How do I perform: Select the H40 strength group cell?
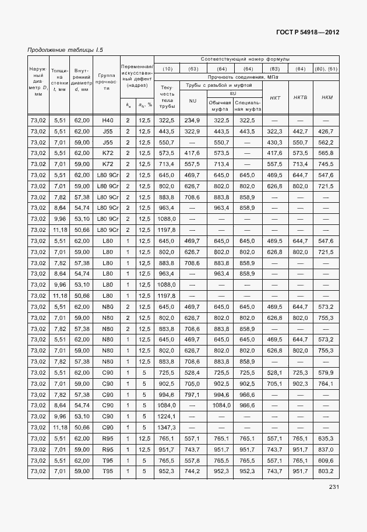pyautogui.click(x=107, y=120)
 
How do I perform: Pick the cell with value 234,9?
pyautogui.click(x=192, y=120)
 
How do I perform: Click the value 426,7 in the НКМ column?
pyautogui.click(x=326, y=132)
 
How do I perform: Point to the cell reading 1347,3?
pyautogui.click(x=167, y=427)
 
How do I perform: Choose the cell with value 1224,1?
pyautogui.click(x=167, y=416)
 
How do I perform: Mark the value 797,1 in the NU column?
pyautogui.click(x=192, y=394)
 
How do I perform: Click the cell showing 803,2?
pyautogui.click(x=326, y=471)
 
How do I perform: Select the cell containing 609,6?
pyautogui.click(x=326, y=460)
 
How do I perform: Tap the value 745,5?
pyautogui.click(x=326, y=164)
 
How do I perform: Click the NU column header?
pyautogui.click(x=192, y=100)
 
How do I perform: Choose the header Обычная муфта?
pyautogui.click(x=220, y=105)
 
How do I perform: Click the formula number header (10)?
pyautogui.click(x=167, y=69)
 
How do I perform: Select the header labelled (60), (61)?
pyautogui.click(x=326, y=69)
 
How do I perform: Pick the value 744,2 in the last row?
pyautogui.click(x=192, y=471)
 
